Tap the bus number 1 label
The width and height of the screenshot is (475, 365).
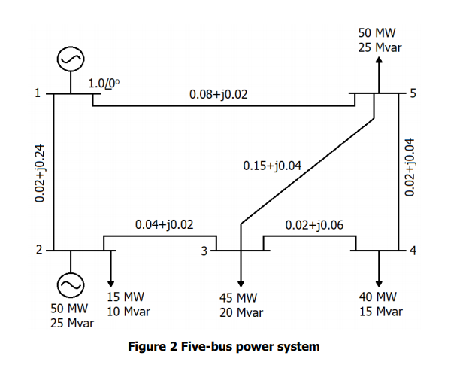coord(36,94)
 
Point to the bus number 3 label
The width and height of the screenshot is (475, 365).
coord(203,251)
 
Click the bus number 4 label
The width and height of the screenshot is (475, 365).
coord(410,250)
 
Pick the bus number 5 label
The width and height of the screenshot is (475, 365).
coord(410,94)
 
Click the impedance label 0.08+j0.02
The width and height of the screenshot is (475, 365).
coord(218,95)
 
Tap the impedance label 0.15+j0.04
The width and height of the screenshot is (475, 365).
coord(272,165)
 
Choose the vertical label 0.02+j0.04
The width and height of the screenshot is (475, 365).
coord(409,168)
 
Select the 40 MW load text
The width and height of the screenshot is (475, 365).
coord(378,297)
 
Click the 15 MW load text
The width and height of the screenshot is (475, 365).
coord(123,297)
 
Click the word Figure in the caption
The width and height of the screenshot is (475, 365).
coord(147,346)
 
